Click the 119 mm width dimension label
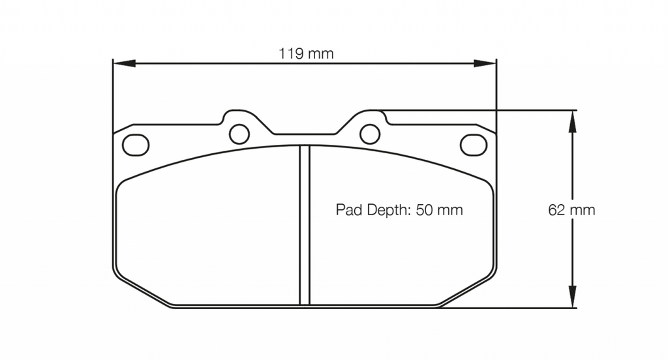tap(306, 53)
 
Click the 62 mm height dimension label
tap(571, 210)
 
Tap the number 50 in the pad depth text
tap(424, 210)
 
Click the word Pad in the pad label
tap(349, 210)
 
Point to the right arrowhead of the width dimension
tap(485, 63)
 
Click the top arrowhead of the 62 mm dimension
tap(573, 121)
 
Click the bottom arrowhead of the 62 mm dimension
tap(573, 297)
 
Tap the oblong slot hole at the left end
tap(136, 145)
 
